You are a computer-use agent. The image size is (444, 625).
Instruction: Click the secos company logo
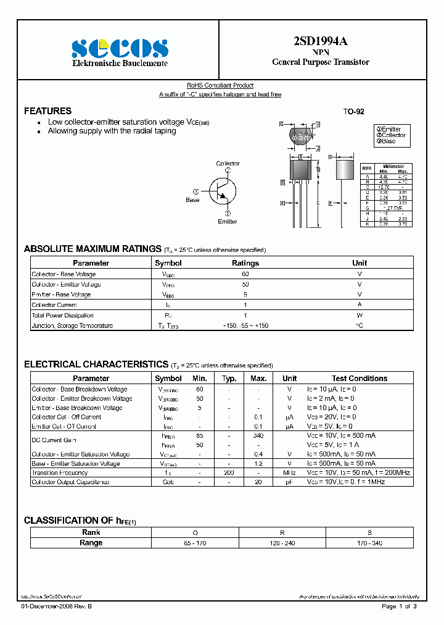(120, 48)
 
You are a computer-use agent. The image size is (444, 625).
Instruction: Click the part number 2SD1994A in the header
(321, 41)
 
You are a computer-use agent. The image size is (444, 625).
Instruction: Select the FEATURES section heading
(47, 111)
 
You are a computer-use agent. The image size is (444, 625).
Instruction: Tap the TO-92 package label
(353, 112)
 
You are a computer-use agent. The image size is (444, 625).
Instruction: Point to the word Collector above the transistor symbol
(228, 164)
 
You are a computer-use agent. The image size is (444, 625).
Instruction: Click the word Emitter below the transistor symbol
(227, 221)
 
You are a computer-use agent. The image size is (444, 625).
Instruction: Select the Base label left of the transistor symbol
(192, 200)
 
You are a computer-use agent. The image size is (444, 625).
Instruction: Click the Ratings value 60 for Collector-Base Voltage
(245, 274)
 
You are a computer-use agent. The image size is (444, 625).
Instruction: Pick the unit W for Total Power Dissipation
(359, 315)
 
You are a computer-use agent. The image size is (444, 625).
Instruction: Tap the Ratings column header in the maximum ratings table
(245, 263)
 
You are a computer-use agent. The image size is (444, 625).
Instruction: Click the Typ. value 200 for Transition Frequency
(229, 472)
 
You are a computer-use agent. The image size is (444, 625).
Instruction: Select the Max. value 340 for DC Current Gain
(258, 435)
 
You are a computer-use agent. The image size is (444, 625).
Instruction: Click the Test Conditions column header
(360, 379)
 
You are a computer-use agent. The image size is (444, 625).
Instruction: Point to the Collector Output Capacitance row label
(70, 482)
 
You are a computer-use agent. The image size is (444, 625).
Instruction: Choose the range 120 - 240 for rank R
(282, 543)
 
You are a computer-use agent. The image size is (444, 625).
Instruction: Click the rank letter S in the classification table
(369, 532)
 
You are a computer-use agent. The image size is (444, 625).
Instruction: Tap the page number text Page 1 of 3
(399, 606)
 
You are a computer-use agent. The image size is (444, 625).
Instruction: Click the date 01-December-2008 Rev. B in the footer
(56, 606)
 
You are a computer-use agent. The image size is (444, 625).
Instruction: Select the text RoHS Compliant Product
(220, 86)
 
